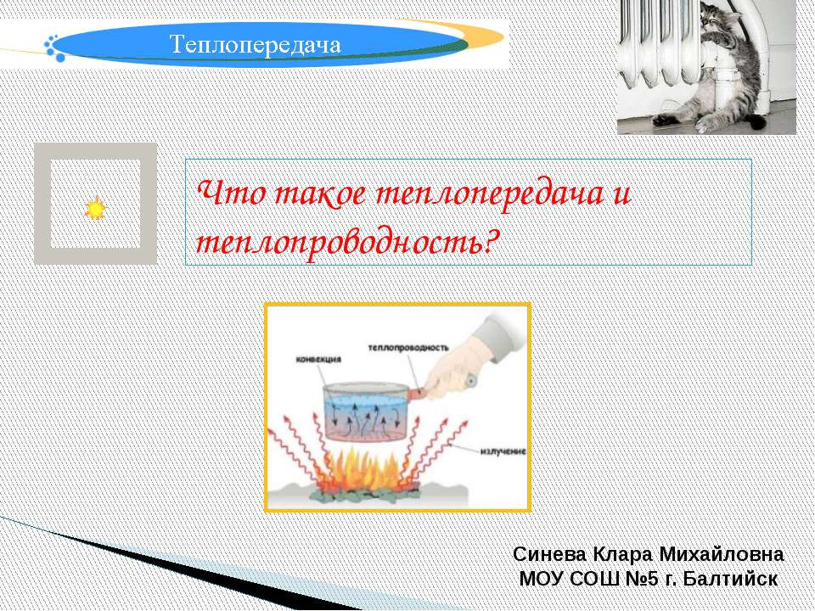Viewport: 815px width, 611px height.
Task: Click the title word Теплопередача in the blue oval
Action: (256, 44)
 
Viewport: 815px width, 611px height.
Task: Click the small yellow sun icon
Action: (95, 208)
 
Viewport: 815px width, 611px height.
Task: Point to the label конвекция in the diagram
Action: (318, 359)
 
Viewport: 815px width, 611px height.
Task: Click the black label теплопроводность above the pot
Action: (407, 347)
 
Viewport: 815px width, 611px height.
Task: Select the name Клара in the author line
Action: (621, 554)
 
